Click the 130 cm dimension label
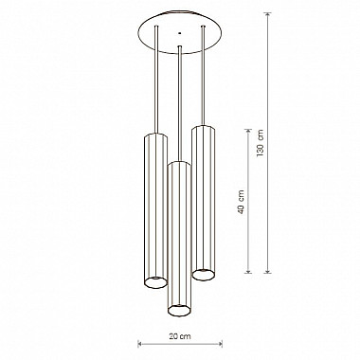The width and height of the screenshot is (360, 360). pyautogui.click(x=261, y=143)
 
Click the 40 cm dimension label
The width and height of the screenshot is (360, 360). pyautogui.click(x=242, y=202)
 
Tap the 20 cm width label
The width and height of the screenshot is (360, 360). pyautogui.click(x=180, y=336)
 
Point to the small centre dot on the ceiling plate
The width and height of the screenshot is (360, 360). pyautogui.click(x=180, y=33)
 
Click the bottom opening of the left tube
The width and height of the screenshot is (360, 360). pyautogui.click(x=155, y=282)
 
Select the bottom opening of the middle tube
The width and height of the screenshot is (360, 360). pyautogui.click(x=179, y=310)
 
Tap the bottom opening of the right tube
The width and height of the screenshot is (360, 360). pyautogui.click(x=204, y=275)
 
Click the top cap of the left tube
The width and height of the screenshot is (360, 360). pyautogui.click(x=156, y=135)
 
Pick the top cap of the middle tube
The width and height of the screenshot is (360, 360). pyautogui.click(x=179, y=163)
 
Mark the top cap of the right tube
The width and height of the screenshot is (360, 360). pyautogui.click(x=204, y=128)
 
